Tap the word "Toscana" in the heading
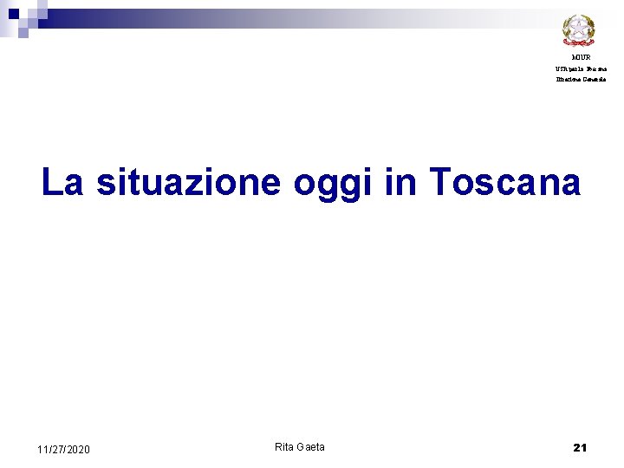[x=504, y=183]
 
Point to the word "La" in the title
[x=63, y=183]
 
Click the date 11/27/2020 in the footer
[x=63, y=450]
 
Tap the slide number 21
[x=580, y=448]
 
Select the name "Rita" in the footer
[x=284, y=447]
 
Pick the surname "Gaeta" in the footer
[x=311, y=447]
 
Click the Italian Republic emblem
[x=578, y=29]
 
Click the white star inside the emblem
[x=578, y=28]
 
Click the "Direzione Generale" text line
[x=581, y=79]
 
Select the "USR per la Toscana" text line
[x=581, y=68]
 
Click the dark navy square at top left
[x=13, y=14]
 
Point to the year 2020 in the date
[x=77, y=450]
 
